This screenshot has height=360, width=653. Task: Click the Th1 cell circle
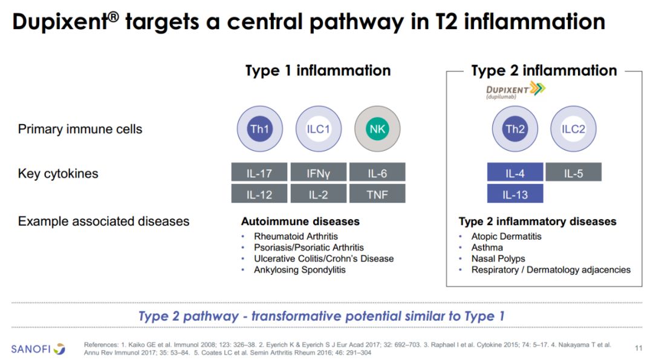pos(260,129)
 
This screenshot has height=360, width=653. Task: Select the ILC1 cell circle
pos(319,129)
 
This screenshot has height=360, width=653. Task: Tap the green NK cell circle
pos(377,129)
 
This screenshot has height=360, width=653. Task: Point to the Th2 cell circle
pos(515,129)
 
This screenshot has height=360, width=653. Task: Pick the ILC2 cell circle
pos(573,129)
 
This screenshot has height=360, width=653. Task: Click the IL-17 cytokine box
pos(259,172)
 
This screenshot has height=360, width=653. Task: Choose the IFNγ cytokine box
pos(318,172)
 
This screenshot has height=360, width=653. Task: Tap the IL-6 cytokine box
pos(377,172)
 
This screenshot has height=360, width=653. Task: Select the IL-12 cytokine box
pos(259,194)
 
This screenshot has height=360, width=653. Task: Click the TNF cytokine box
pos(377,194)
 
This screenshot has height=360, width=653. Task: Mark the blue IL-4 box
pos(515,172)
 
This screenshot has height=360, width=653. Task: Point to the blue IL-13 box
pos(515,194)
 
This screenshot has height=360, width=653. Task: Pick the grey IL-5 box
pos(573,172)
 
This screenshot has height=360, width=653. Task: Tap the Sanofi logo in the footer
pos(38,349)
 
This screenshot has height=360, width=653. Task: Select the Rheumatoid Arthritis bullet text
pos(296,236)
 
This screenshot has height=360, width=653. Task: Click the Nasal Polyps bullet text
pos(498,258)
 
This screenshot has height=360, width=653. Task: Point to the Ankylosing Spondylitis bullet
pos(299,270)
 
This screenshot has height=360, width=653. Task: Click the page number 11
pos(638,348)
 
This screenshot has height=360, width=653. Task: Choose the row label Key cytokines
pos(58,173)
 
